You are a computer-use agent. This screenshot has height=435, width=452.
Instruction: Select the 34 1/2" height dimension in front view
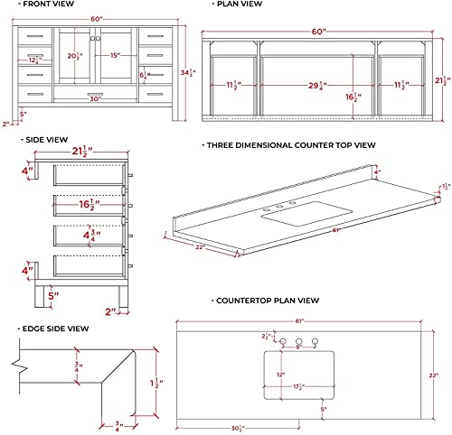click(x=184, y=72)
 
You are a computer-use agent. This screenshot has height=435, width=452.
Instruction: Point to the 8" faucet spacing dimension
click(x=299, y=345)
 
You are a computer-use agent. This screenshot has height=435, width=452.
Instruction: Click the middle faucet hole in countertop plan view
click(x=299, y=338)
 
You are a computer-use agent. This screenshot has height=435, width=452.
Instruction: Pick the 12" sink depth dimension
click(x=280, y=373)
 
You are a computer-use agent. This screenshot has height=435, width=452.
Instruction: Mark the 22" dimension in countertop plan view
click(x=433, y=375)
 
